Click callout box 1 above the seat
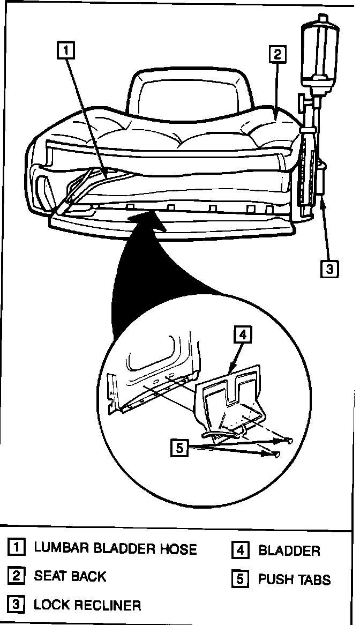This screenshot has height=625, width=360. pyautogui.click(x=65, y=50)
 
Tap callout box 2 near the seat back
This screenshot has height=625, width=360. pyautogui.click(x=276, y=54)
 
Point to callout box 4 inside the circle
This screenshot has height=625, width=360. pyautogui.click(x=242, y=334)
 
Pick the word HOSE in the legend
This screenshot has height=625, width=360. pyautogui.click(x=179, y=549)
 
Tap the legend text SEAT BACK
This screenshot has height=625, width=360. pyautogui.click(x=70, y=577)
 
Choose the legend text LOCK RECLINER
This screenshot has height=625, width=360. pyautogui.click(x=87, y=605)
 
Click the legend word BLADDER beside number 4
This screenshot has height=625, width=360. pyautogui.click(x=289, y=550)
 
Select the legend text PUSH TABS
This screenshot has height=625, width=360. pyautogui.click(x=294, y=579)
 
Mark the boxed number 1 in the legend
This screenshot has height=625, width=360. pyautogui.click(x=17, y=548)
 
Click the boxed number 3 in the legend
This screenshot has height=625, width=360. pyautogui.click(x=17, y=605)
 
